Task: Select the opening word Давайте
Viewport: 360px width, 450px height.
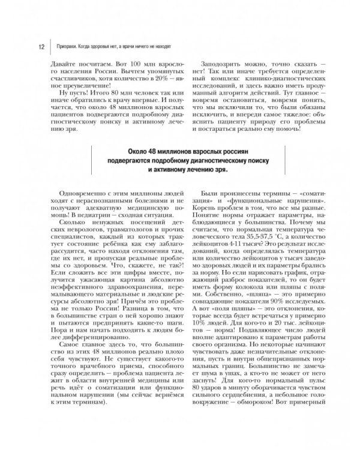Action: click(x=60, y=63)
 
